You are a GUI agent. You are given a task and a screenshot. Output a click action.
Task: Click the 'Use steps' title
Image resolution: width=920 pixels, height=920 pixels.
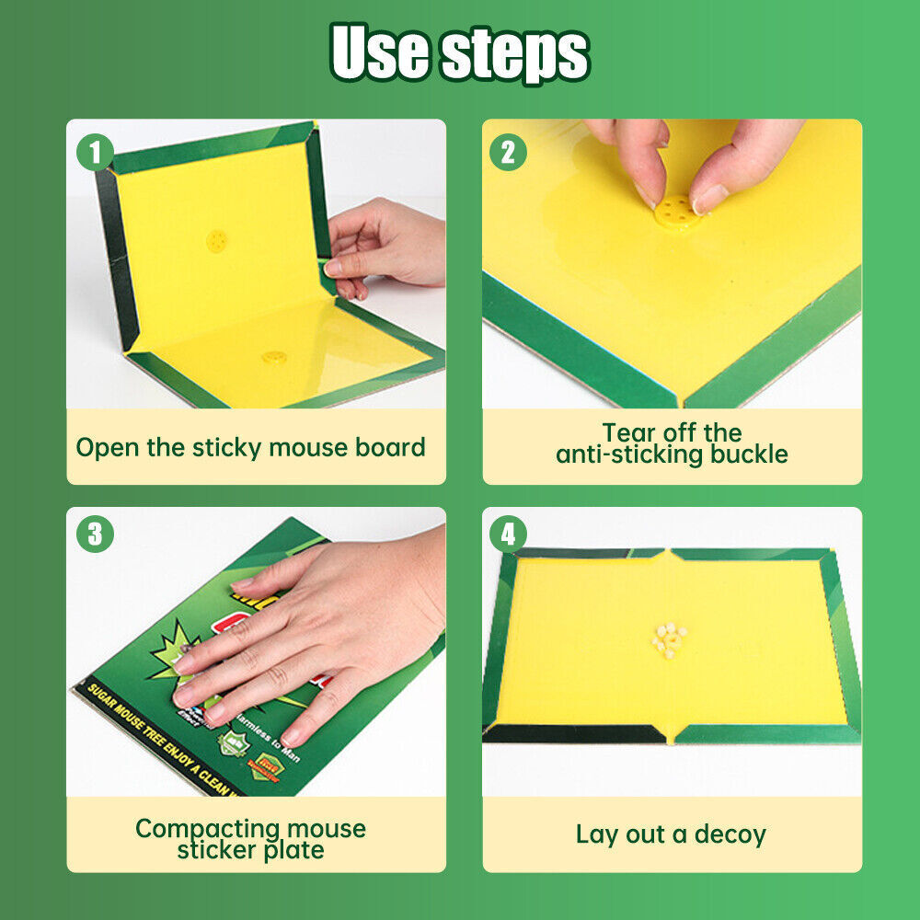(460, 53)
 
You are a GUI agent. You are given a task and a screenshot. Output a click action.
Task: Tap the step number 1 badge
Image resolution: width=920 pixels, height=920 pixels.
(95, 152)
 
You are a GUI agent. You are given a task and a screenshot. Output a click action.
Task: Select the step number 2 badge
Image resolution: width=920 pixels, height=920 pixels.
(508, 152)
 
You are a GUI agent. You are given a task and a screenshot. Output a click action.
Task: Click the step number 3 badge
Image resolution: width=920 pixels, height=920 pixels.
(95, 534)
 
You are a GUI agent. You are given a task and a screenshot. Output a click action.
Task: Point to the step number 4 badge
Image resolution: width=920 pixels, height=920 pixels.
(508, 534)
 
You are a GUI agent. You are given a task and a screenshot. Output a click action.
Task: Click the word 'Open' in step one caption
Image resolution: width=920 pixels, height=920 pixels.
(108, 448)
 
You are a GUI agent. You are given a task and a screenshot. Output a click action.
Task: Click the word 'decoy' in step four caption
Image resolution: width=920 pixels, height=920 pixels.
(730, 834)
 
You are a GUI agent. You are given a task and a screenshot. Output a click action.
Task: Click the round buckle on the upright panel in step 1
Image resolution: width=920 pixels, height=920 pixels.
(218, 241)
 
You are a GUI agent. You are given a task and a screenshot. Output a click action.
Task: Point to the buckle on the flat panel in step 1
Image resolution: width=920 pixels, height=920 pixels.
(273, 356)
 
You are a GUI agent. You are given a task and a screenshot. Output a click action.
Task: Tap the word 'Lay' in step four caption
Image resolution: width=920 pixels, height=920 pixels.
(596, 834)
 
